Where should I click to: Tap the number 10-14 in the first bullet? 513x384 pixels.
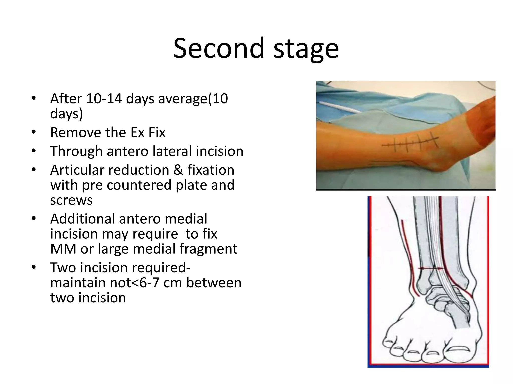(104, 99)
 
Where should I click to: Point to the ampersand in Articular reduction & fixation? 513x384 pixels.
(178, 170)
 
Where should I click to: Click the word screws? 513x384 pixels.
(71, 200)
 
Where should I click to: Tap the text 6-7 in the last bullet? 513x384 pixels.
(149, 283)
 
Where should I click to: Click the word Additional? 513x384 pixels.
(82, 219)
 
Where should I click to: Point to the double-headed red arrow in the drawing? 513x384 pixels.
(431, 269)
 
